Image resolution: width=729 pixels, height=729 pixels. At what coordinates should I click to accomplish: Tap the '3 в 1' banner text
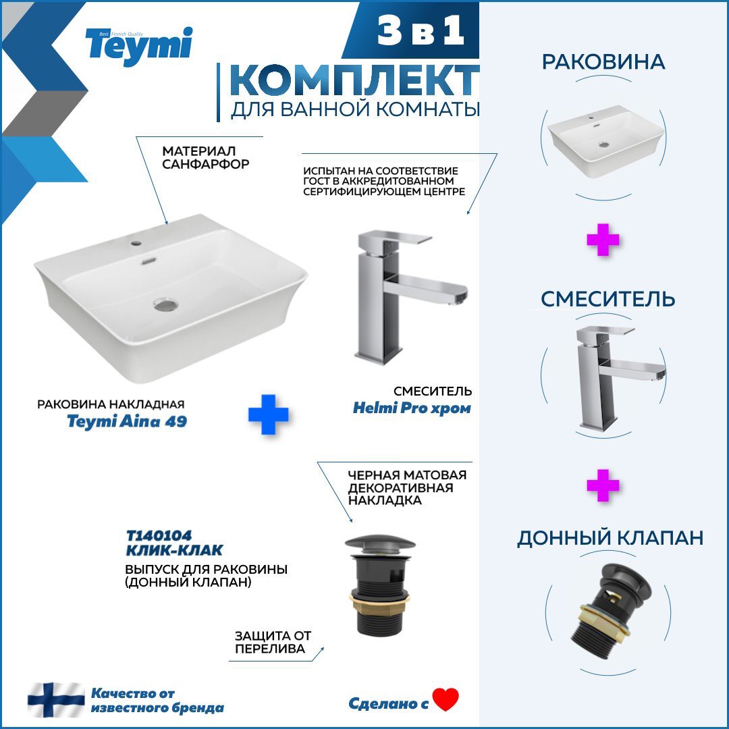point(421,30)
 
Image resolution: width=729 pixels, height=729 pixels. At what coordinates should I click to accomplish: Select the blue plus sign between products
point(268,414)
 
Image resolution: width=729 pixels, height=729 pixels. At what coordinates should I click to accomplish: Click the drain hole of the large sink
point(166,304)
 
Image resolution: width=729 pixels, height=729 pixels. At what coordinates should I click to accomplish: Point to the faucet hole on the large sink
point(136,243)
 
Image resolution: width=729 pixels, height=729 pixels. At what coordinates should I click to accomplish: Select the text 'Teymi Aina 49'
point(127,421)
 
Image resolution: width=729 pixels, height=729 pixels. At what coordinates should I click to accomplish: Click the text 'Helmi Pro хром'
point(412,408)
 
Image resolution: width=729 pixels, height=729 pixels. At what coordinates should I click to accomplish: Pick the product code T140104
point(159,535)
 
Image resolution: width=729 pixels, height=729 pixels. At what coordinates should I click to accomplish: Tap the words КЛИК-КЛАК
point(174,551)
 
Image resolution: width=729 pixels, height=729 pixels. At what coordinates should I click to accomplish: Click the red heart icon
point(446,699)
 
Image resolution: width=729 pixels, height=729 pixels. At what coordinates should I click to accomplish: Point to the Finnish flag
point(56,700)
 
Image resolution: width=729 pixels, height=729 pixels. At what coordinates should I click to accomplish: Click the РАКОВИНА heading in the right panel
point(603,62)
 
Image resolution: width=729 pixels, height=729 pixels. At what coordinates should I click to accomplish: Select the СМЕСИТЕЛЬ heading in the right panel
point(607,299)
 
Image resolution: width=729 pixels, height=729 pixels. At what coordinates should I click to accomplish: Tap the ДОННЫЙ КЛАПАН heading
point(610,538)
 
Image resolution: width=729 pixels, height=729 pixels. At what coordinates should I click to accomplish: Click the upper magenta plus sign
point(603,240)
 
